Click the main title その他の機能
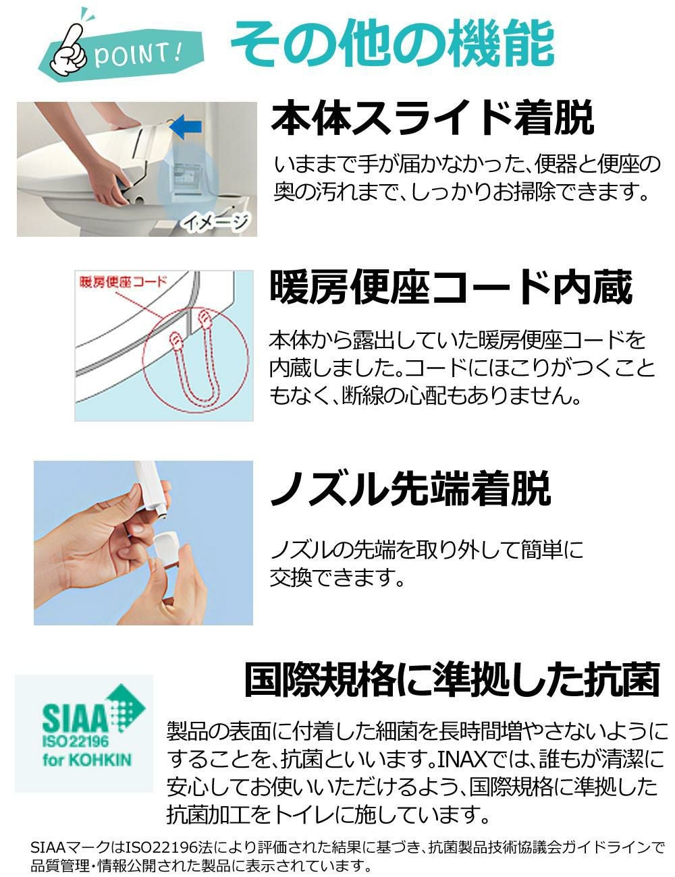click(x=392, y=44)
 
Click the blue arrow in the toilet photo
click(x=186, y=125)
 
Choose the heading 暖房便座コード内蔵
click(x=451, y=289)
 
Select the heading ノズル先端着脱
click(x=410, y=489)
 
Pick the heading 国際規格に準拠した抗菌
click(x=451, y=680)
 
